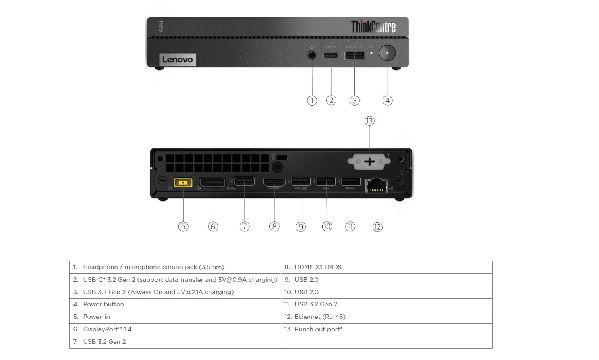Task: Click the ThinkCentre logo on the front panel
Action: point(373,27)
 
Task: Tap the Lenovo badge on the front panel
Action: point(178,60)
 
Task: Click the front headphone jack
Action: point(311,54)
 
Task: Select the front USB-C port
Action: point(330,55)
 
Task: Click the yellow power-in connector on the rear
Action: point(183,183)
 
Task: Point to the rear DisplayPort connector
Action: point(212,183)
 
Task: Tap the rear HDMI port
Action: point(274,183)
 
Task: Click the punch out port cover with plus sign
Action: point(369,162)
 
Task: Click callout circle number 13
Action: point(369,121)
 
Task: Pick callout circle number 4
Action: point(387,100)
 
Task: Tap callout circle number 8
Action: point(274,227)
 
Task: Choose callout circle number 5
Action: point(183,227)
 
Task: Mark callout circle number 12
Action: point(377,227)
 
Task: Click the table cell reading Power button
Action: point(175,304)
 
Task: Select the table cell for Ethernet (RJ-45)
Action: point(386,317)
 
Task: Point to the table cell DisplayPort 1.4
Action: point(175,329)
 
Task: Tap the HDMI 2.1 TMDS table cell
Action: point(386,267)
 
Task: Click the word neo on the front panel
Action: point(161,27)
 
